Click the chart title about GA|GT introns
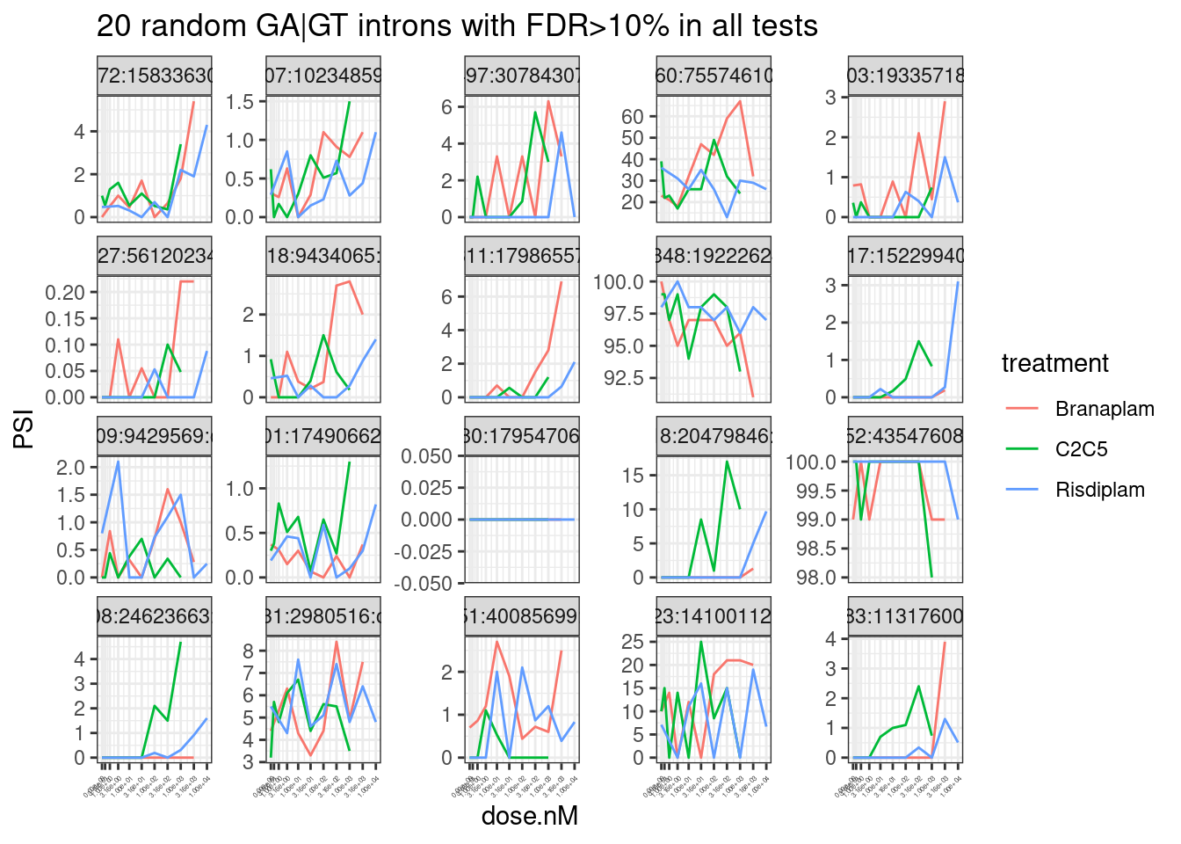pos(457,26)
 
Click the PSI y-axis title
pos(25,428)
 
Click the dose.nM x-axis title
pos(529,816)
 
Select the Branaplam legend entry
pos(1104,409)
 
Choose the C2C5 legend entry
pos(1081,449)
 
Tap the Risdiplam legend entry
pos(1099,490)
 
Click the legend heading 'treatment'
pos(1054,363)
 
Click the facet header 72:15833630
pos(155,76)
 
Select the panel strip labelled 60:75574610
pos(714,76)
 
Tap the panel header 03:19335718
pos(905,76)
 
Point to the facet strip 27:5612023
pos(155,256)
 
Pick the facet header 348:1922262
pos(714,256)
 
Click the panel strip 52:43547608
pos(905,436)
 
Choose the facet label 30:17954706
pos(522,436)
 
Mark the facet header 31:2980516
pos(323,616)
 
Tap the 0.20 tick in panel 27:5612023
pos(65,293)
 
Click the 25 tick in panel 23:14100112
pos(633,642)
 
